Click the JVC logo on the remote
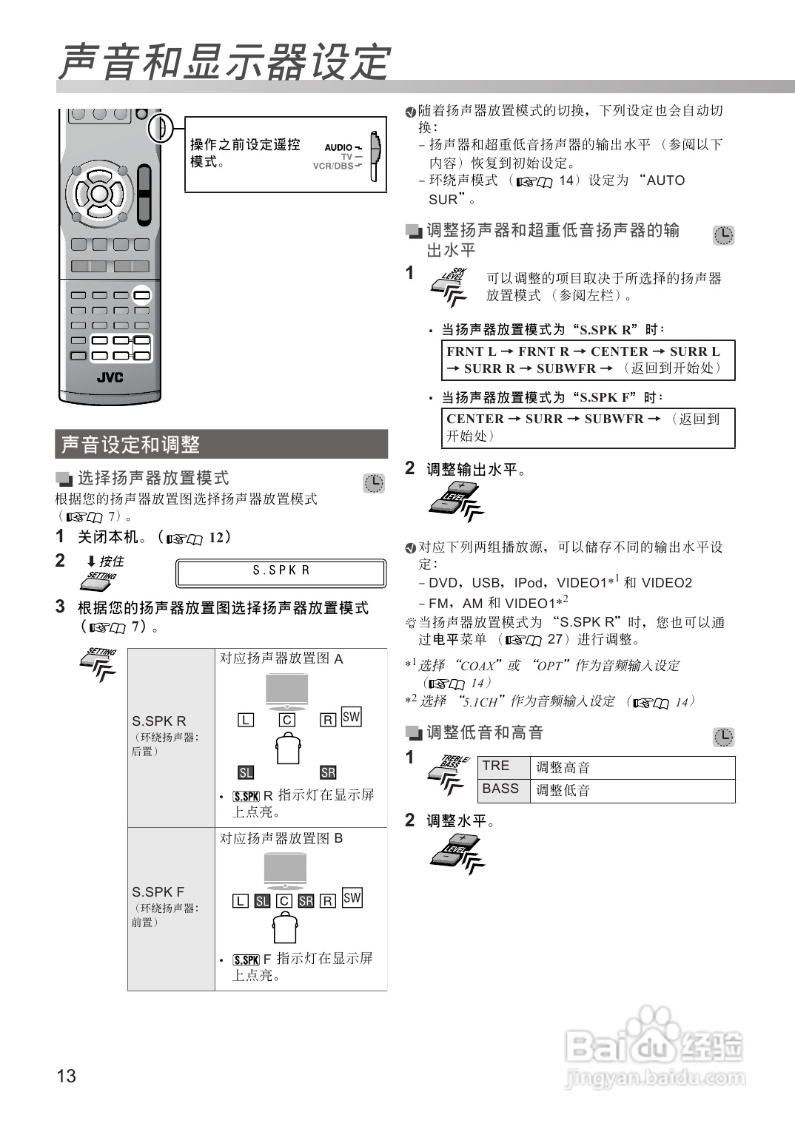110,378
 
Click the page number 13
66,1076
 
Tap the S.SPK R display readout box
281,573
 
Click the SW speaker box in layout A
351,717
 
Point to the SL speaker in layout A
246,772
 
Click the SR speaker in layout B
306,901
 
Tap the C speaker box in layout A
287,720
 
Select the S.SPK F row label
158,892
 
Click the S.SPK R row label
159,721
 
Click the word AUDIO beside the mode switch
339,147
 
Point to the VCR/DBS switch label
333,166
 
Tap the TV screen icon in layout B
285,869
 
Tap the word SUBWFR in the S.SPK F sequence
614,419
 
